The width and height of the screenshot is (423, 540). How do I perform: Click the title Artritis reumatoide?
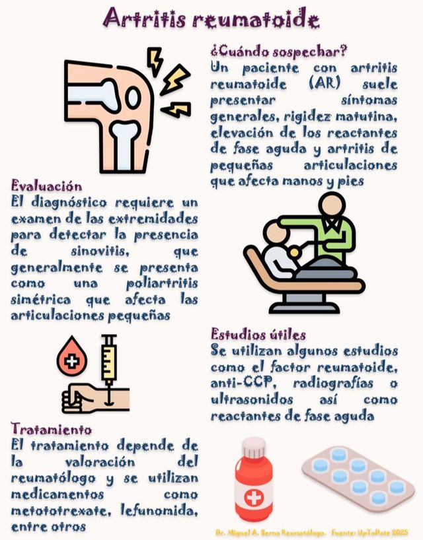click(x=211, y=18)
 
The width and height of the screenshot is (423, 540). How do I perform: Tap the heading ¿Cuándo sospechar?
click(x=279, y=51)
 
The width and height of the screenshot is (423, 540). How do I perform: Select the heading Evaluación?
click(x=46, y=186)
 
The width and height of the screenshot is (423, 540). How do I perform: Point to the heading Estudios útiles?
click(x=258, y=334)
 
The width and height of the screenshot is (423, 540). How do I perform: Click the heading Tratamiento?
click(x=51, y=428)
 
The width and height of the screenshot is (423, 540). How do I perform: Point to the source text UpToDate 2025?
click(x=384, y=531)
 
